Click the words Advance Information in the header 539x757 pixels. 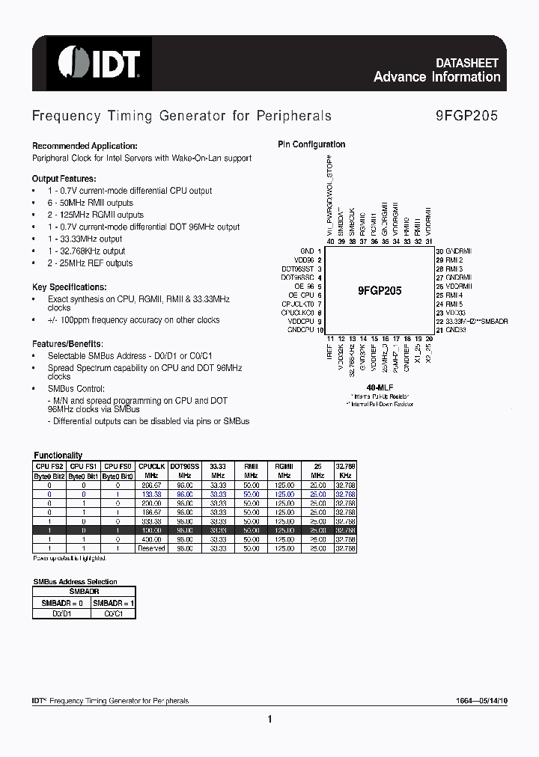coord(436,77)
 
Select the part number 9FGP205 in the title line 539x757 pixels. coord(466,116)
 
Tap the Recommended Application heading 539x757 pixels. coord(84,146)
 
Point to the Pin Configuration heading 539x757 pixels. coord(311,144)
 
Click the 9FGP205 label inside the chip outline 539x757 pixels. coord(380,291)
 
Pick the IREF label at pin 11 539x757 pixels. coord(329,352)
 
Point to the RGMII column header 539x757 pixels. coord(284,465)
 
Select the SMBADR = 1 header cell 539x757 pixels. coord(109,602)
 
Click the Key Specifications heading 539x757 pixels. coord(69,286)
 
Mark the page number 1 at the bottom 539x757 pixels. coord(269,720)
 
